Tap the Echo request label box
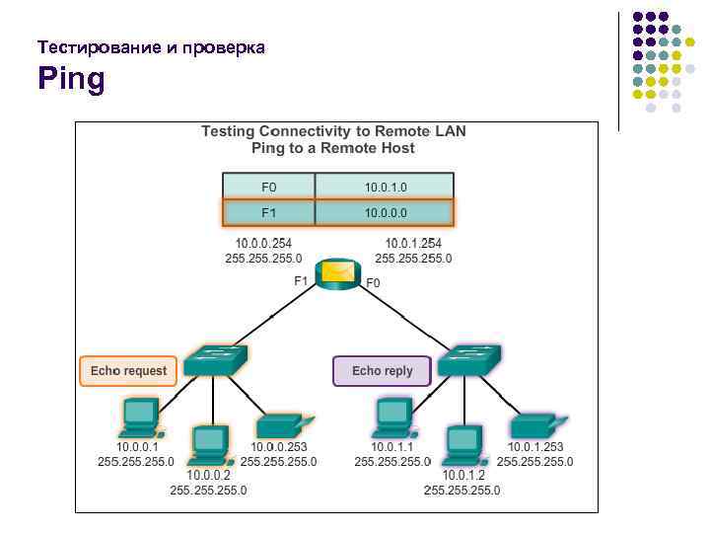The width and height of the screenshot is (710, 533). (x=128, y=371)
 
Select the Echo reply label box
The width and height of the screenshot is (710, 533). (x=382, y=371)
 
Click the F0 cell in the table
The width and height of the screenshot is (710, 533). (x=269, y=187)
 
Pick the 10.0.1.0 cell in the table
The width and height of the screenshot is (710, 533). (x=385, y=187)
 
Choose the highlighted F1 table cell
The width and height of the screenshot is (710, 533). (x=269, y=212)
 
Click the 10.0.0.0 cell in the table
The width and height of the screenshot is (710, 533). (x=385, y=212)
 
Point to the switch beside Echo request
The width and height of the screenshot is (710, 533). (x=216, y=361)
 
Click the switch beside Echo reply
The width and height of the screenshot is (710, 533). (x=469, y=361)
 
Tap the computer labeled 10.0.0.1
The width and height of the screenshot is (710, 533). (x=139, y=419)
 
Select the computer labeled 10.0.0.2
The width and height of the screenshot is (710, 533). (x=209, y=445)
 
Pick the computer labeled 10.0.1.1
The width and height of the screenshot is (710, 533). (x=392, y=419)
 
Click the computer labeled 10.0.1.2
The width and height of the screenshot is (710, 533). (x=462, y=445)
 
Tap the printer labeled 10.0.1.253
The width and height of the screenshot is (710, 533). (x=536, y=425)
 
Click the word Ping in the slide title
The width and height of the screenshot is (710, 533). (x=71, y=78)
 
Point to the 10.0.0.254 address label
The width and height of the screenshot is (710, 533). (x=263, y=244)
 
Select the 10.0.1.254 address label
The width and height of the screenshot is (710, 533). (x=413, y=244)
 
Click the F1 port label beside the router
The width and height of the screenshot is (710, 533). (x=301, y=281)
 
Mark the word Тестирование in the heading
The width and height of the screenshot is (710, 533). (x=90, y=47)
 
